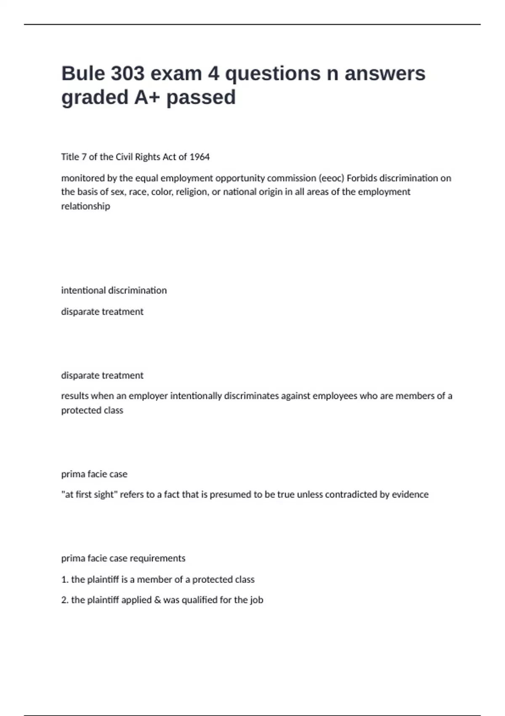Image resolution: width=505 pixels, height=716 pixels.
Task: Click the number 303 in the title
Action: coord(128,74)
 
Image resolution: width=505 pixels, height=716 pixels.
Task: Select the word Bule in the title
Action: coord(83,74)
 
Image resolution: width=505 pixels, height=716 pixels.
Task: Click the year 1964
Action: coord(199,157)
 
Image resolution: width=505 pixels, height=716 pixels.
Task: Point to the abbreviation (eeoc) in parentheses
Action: coord(331,178)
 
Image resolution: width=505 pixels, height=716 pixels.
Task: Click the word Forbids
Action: coord(362,178)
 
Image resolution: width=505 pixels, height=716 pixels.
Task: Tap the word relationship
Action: coord(85,206)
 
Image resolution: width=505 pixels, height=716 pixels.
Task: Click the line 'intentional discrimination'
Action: coord(114,291)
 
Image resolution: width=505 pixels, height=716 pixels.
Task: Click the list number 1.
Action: coord(64,580)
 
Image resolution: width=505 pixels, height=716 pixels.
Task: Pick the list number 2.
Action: coord(64,600)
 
